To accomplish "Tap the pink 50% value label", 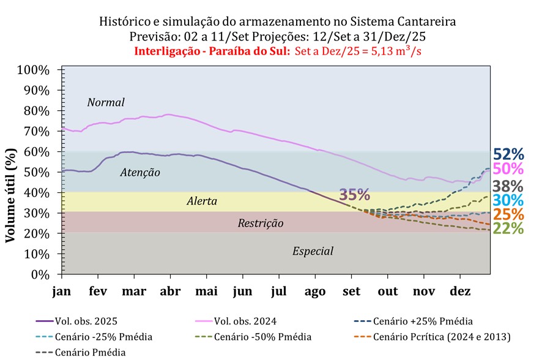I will click(508, 169).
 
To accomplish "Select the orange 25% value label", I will click(508, 215).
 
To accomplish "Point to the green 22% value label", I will click(508, 229).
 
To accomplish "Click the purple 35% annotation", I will click(355, 195).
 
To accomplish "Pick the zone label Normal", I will click(106, 102).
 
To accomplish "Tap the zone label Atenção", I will click(140, 173).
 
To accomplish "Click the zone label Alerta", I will click(201, 201).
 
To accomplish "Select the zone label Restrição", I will click(261, 223).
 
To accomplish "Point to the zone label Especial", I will click(313, 250).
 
